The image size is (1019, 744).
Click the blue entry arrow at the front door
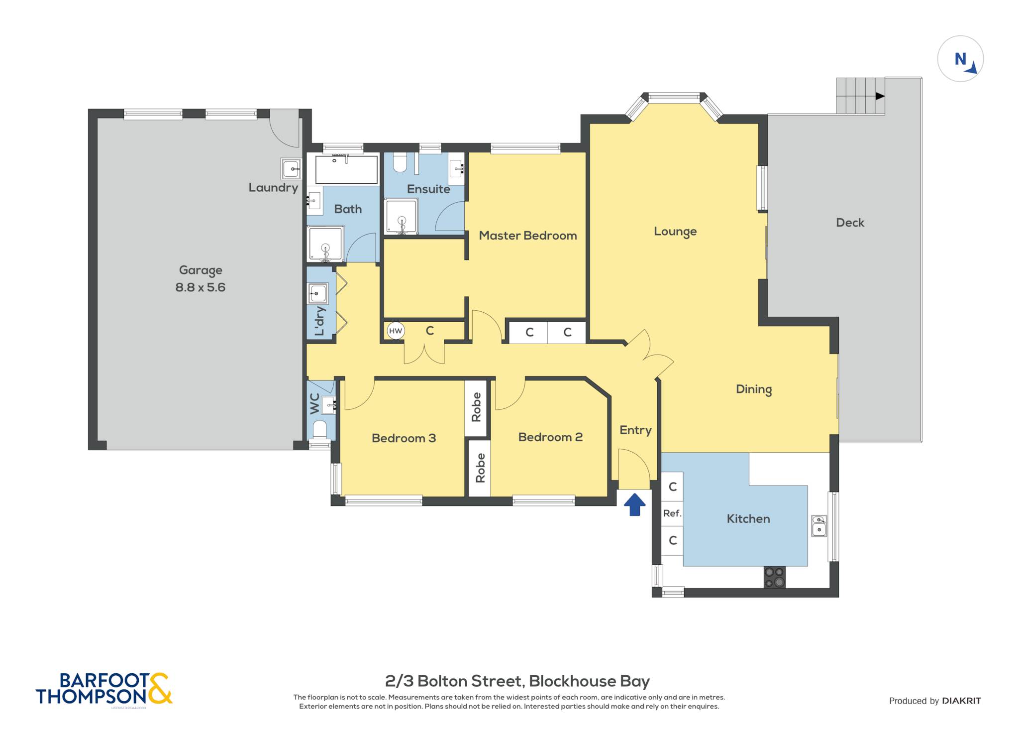tap(634, 504)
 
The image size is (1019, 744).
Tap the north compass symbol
tap(960, 59)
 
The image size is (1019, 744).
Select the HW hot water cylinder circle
tap(396, 331)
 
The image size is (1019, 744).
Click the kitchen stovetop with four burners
tap(775, 577)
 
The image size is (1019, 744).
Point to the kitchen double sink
tap(819, 526)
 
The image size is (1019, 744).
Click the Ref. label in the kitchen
tap(672, 513)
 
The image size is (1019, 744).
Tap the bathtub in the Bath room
tap(346, 169)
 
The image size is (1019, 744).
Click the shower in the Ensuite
tap(401, 217)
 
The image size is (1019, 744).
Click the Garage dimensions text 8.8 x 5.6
tap(201, 287)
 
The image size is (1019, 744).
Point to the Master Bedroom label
tap(528, 236)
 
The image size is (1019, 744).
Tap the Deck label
tap(850, 223)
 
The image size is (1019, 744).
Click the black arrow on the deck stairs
tap(880, 96)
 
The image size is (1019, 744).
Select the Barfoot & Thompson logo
tap(104, 689)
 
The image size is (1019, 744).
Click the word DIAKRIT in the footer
tap(961, 701)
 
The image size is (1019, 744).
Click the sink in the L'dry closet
tap(317, 293)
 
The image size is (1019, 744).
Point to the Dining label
tap(754, 389)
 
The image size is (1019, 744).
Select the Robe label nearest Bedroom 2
tap(480, 468)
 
